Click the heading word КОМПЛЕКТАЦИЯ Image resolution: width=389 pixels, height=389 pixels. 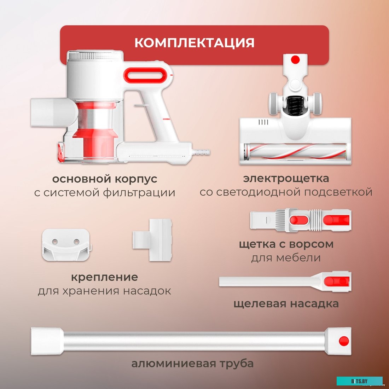(194, 43)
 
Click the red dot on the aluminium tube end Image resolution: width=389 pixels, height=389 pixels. (344, 341)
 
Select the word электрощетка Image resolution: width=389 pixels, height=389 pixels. (286, 178)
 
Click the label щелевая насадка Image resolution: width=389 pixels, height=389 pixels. (286, 303)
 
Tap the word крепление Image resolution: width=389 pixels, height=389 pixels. (104, 277)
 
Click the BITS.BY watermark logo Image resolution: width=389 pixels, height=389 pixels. (359, 381)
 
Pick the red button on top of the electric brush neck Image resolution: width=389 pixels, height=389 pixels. (295, 60)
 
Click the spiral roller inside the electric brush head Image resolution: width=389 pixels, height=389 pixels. (295, 151)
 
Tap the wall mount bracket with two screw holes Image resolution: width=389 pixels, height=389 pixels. (66, 245)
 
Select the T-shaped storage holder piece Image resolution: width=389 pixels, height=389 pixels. (152, 240)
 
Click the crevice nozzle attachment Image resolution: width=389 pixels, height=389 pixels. (285, 281)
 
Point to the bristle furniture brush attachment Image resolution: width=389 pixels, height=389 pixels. (301, 220)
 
